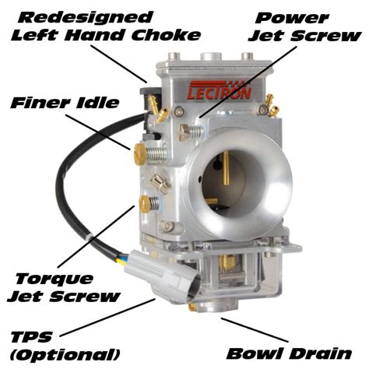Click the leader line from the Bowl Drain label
point(249,328)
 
